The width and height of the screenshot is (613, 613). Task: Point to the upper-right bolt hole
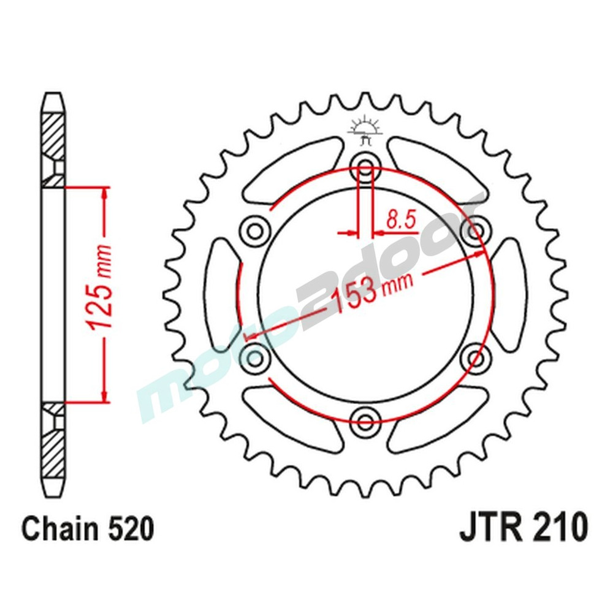tap(476, 229)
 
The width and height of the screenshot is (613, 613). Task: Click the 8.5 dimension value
tap(402, 218)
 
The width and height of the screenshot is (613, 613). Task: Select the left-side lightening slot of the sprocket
tap(223, 293)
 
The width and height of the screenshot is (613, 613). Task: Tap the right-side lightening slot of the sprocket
tap(509, 293)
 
